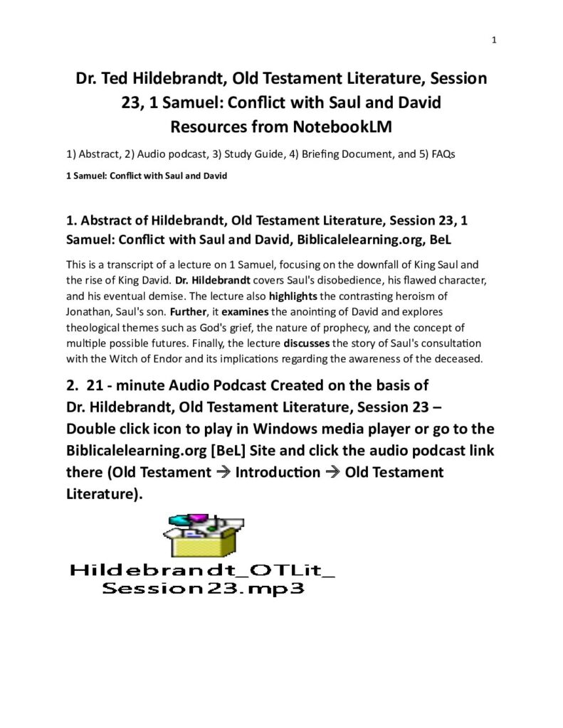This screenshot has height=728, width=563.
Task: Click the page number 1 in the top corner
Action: click(493, 40)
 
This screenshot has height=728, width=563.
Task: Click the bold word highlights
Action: click(293, 295)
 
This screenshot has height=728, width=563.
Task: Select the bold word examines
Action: click(243, 311)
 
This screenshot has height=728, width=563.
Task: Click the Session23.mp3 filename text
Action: click(202, 588)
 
